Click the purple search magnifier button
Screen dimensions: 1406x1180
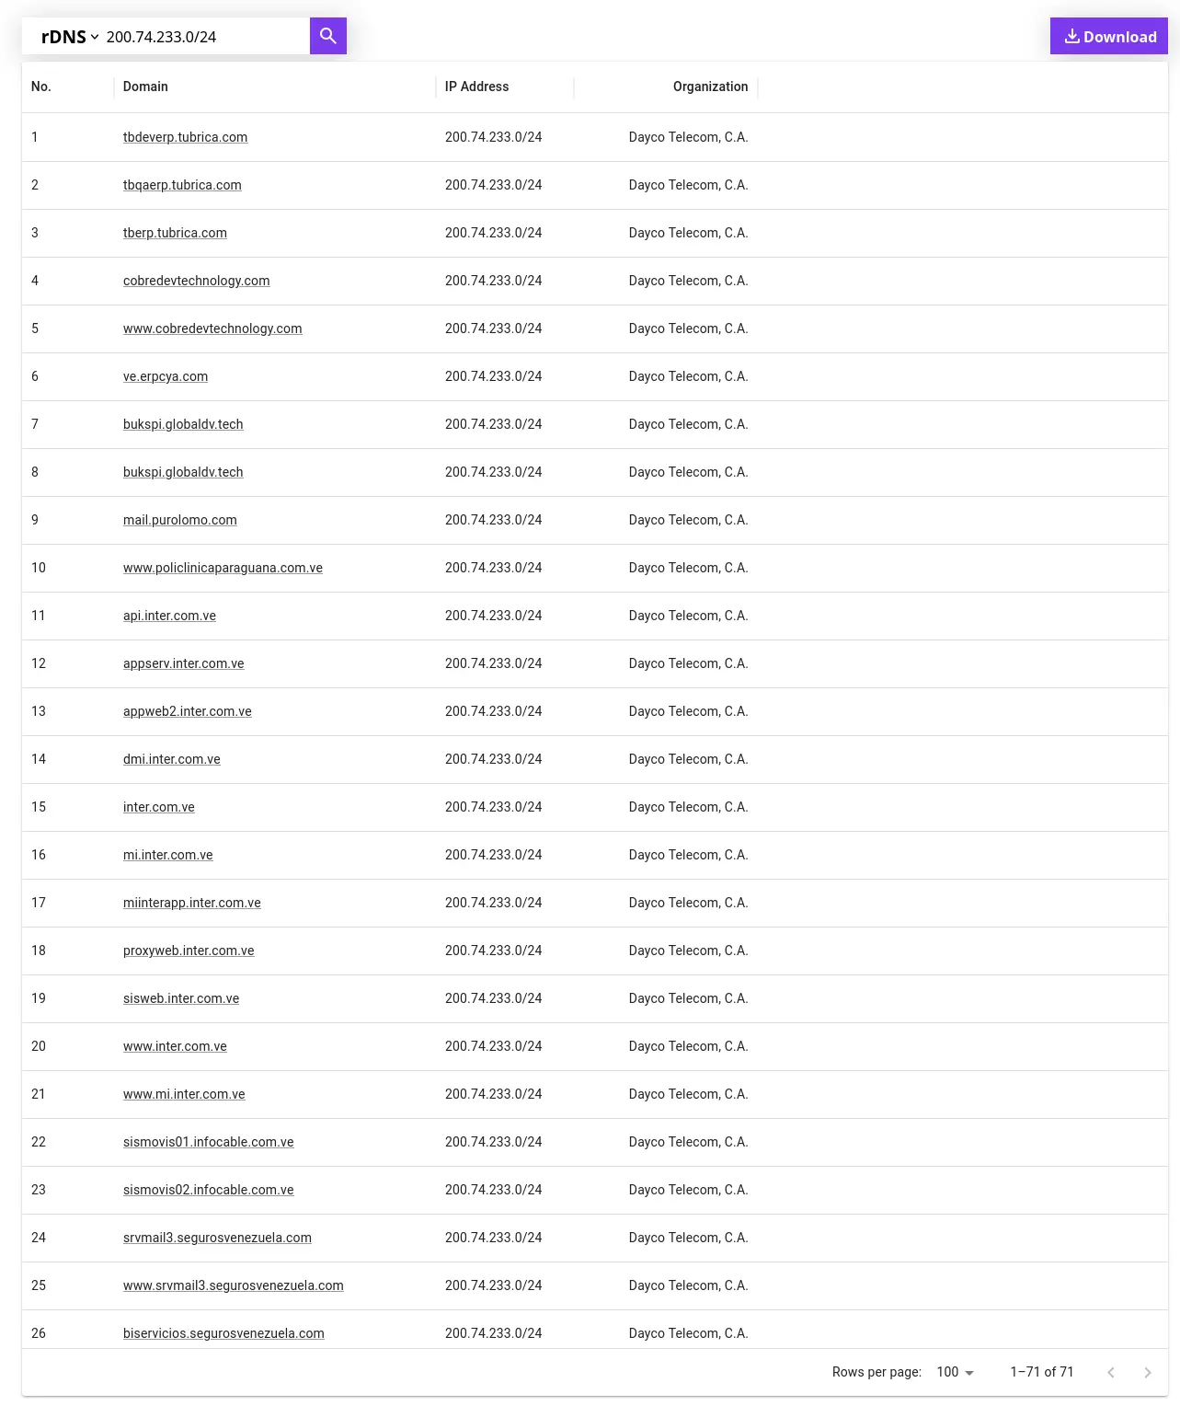tap(327, 36)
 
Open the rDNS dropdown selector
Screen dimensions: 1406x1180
tap(70, 37)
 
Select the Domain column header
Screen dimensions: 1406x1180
tap(145, 86)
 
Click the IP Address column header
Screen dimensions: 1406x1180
tap(476, 86)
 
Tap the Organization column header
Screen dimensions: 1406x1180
tap(710, 86)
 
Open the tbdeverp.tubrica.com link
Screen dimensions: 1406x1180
tap(185, 137)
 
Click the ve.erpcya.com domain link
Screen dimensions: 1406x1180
tap(166, 376)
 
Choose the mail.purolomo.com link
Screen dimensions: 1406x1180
tap(180, 520)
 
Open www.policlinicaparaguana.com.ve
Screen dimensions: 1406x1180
tap(223, 568)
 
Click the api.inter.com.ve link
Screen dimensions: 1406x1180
tap(169, 616)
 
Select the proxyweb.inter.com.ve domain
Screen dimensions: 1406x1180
tap(189, 951)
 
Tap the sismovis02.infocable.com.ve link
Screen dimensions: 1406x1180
tap(209, 1190)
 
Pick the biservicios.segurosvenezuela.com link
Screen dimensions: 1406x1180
tap(223, 1333)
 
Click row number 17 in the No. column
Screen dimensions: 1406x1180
tap(39, 903)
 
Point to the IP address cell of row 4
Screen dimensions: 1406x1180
tap(493, 281)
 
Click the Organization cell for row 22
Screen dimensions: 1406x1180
tap(688, 1142)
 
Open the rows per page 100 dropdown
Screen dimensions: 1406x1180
tap(955, 1372)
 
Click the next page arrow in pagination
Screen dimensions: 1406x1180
tap(1147, 1372)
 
